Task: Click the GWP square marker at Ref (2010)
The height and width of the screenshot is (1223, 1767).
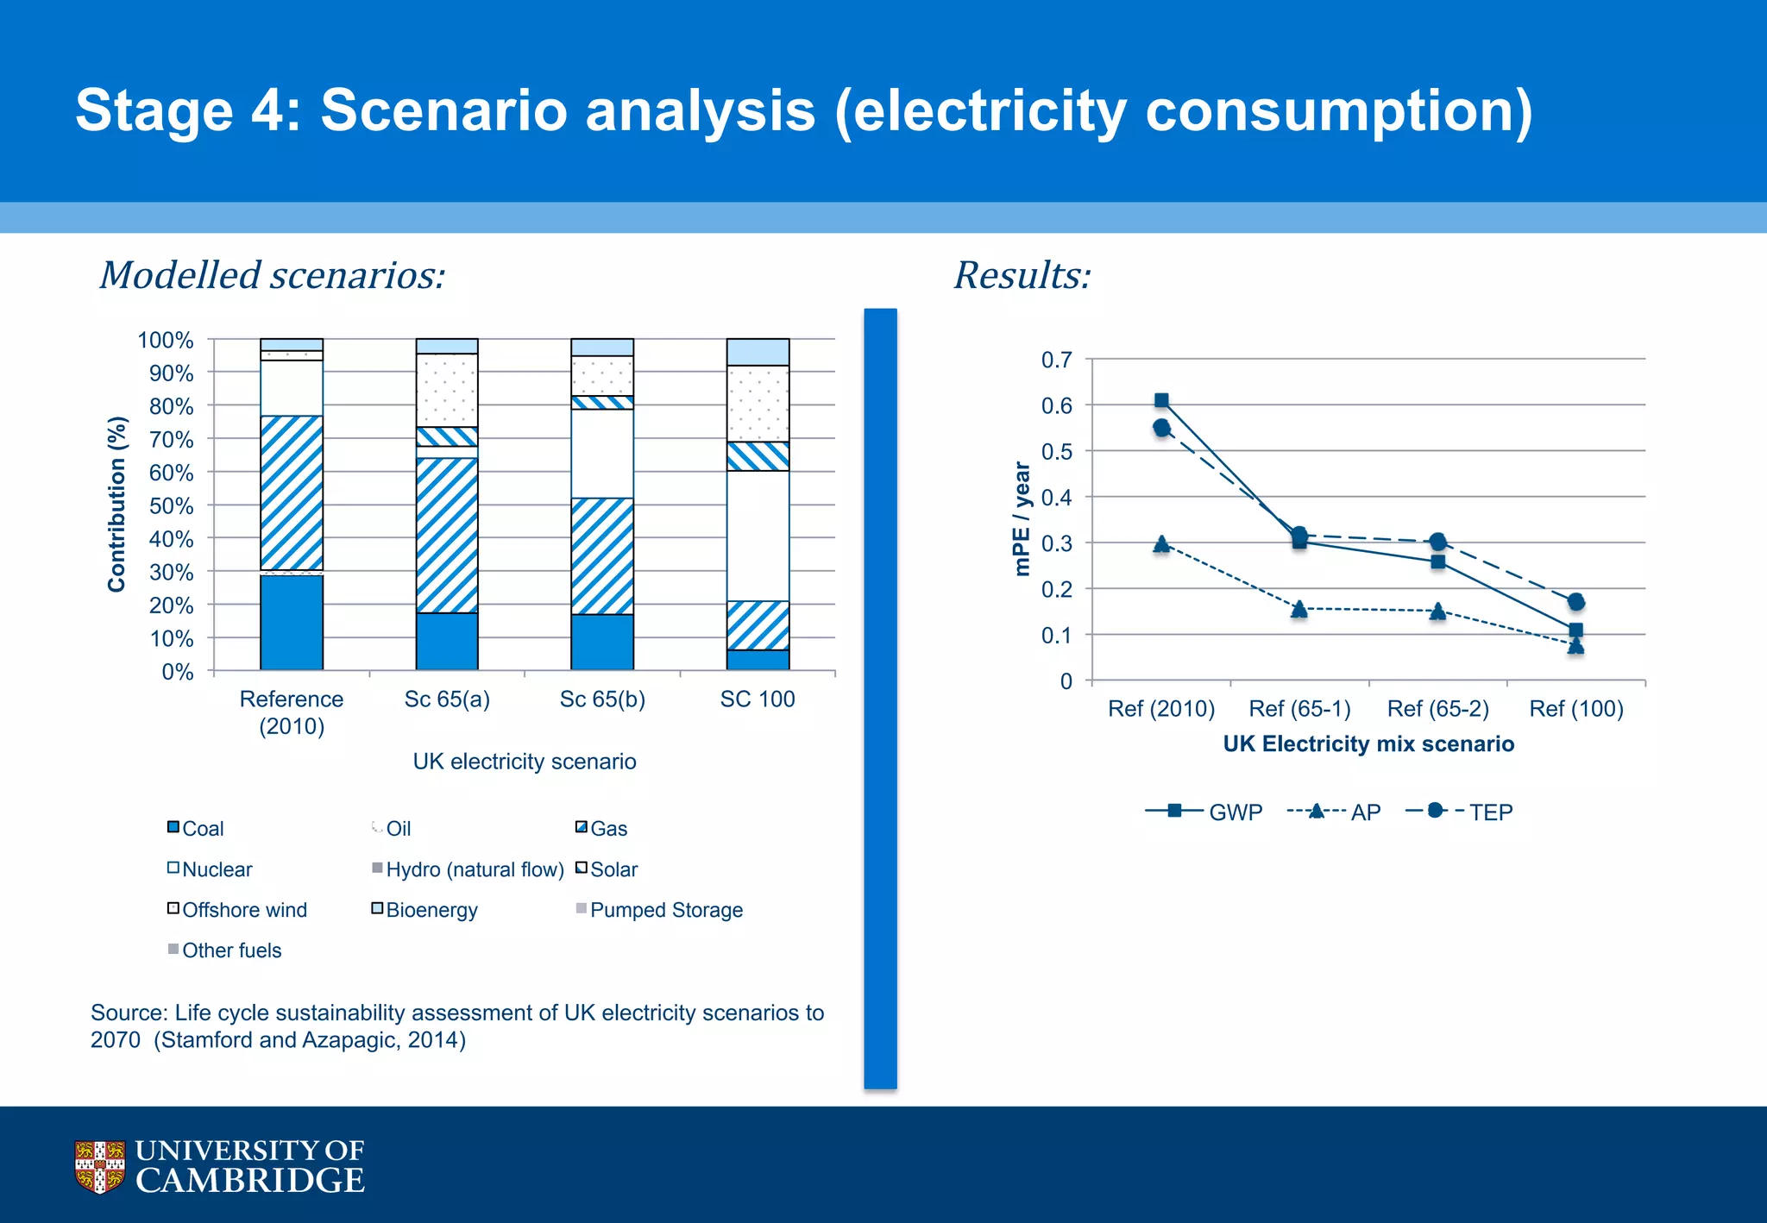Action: click(x=1161, y=400)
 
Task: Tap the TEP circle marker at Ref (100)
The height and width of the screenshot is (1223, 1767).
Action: click(x=1575, y=601)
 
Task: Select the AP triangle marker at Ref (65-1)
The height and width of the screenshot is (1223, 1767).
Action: click(x=1299, y=609)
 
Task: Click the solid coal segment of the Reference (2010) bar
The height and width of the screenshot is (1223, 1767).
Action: click(x=292, y=622)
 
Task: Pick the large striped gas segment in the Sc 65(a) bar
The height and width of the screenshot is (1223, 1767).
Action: click(x=447, y=535)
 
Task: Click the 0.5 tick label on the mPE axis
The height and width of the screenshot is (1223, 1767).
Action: click(x=1056, y=452)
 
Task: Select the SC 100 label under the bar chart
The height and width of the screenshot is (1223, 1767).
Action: click(x=758, y=699)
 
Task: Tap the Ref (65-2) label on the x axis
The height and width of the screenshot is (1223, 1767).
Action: click(x=1437, y=708)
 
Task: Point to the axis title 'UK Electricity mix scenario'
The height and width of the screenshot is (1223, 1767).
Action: click(x=1368, y=743)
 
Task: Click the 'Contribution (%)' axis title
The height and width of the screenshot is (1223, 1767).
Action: click(x=116, y=505)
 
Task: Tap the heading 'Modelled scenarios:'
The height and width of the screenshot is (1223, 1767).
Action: click(x=273, y=275)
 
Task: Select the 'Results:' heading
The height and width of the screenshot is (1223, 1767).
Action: click(x=1022, y=275)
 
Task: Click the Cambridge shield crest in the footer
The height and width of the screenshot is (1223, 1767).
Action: click(x=99, y=1166)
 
